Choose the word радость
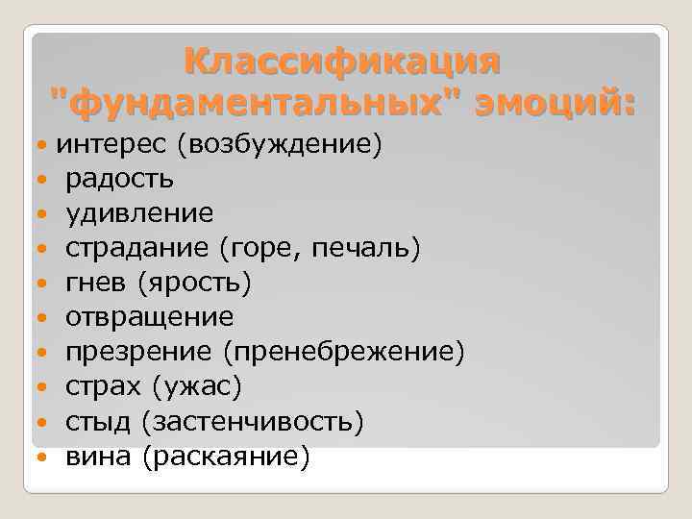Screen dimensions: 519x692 click(119, 179)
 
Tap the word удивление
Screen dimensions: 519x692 click(139, 213)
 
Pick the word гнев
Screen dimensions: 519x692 click(96, 283)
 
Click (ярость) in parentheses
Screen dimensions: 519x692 click(194, 283)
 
